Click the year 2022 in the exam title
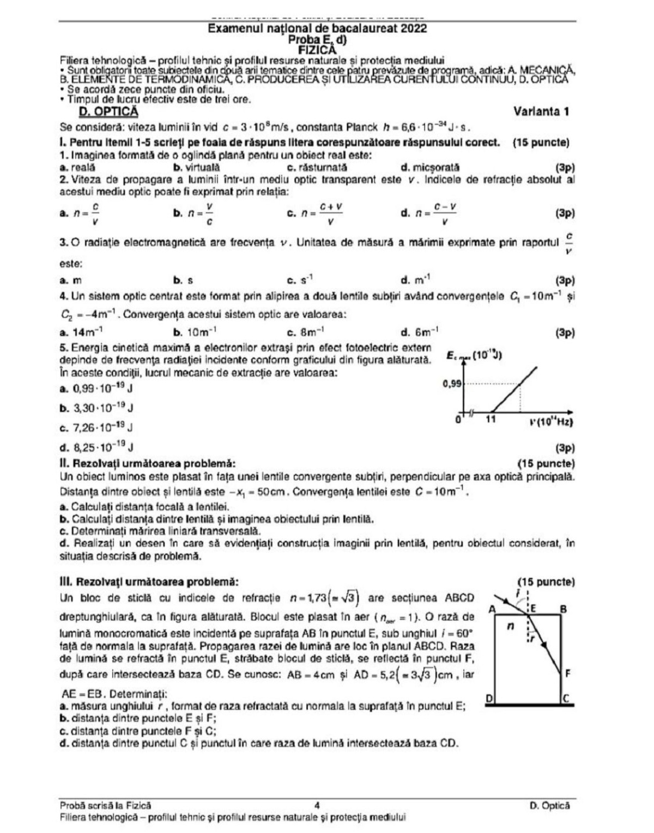[x=414, y=29]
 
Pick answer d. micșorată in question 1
[x=429, y=168]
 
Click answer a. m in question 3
[x=71, y=281]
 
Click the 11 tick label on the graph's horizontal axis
[x=491, y=420]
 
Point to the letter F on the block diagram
[x=567, y=673]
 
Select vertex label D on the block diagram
[x=489, y=698]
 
